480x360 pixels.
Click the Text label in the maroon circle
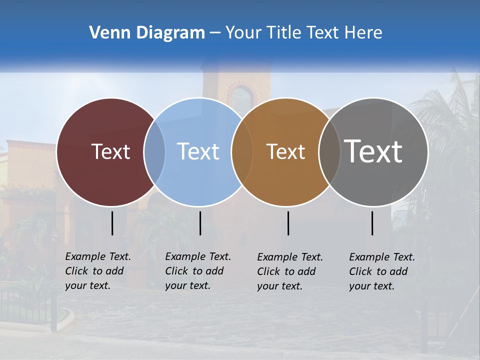110,151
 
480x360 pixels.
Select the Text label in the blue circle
198,151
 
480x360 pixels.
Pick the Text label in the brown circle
285,151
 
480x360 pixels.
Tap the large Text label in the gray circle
373,151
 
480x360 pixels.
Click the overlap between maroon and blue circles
154,152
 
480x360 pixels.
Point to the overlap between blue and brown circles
241,152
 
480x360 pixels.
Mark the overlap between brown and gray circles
329,152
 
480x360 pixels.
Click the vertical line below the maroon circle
112,223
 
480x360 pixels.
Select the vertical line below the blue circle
200,223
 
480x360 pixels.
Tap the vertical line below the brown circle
288,223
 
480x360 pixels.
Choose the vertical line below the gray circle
372,223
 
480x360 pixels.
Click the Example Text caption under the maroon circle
97,271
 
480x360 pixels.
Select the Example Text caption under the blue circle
197,271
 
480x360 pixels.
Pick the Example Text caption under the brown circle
289,271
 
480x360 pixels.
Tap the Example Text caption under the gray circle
381,271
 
